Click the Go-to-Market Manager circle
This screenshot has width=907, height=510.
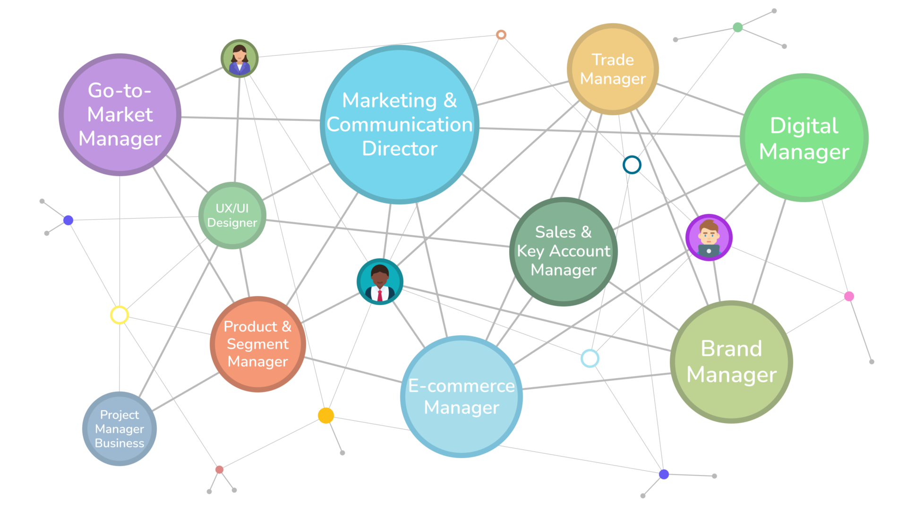120,115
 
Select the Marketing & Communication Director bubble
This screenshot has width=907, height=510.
400,125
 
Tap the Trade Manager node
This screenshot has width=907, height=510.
613,69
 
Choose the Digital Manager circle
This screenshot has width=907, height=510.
804,137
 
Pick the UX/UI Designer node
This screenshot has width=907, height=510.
232,215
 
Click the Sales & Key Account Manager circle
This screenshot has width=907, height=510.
564,251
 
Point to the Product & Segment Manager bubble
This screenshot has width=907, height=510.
258,344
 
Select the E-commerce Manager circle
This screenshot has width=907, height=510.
462,397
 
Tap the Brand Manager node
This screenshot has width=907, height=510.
731,362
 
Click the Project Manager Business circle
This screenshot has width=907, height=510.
120,429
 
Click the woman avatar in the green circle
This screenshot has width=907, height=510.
240,58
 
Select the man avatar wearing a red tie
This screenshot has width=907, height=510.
380,281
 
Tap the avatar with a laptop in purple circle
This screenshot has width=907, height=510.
709,238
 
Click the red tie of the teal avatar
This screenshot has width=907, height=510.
380,295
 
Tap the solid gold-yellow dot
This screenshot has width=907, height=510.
326,416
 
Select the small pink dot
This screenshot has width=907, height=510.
849,296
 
